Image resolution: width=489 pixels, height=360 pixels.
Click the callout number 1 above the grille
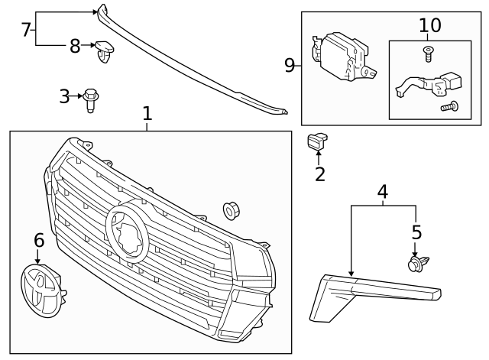[x=147, y=115]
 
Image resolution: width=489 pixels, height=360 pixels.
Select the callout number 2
[x=320, y=174]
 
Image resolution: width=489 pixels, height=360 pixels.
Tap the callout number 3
[x=64, y=96]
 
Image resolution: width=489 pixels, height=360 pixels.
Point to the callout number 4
[x=383, y=191]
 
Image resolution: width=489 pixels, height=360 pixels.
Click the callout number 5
[x=416, y=232]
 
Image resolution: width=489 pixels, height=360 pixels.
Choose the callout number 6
[x=38, y=240]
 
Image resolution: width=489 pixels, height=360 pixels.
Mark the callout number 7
[x=26, y=30]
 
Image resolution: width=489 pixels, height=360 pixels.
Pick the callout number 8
[x=75, y=46]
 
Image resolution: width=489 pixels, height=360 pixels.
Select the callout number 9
[x=290, y=65]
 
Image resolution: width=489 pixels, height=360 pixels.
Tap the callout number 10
[x=429, y=25]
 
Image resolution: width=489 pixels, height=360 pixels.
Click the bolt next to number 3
[x=91, y=99]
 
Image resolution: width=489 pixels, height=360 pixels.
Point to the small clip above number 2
[x=316, y=140]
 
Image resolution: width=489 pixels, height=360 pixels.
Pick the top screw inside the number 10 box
[x=427, y=53]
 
